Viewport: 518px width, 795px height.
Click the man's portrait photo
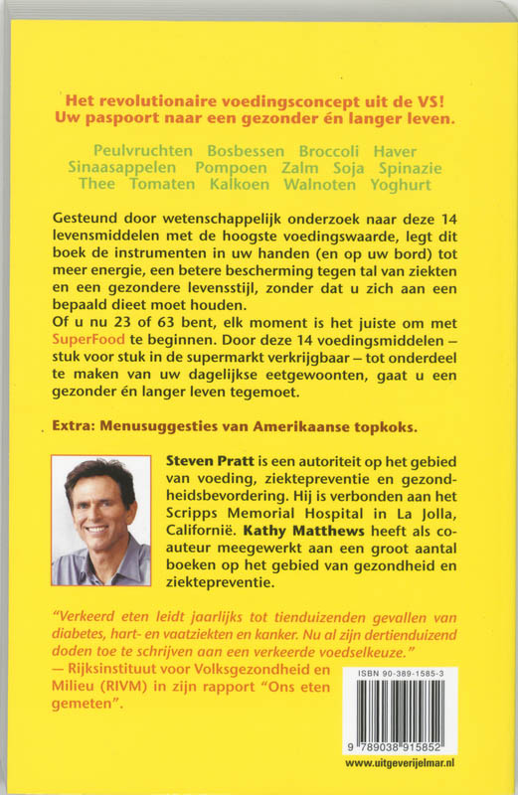point(100,521)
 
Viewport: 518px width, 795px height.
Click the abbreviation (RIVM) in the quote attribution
point(117,688)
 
